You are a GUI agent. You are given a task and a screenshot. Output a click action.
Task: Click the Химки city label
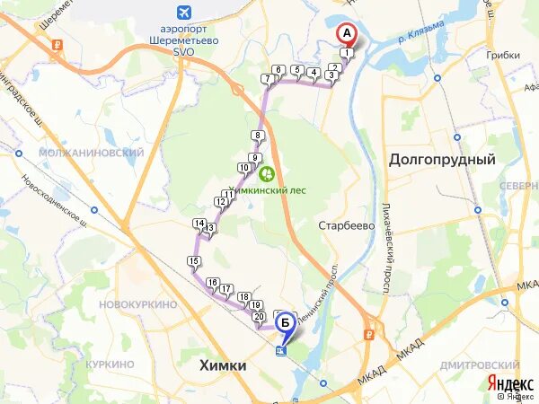[220, 366]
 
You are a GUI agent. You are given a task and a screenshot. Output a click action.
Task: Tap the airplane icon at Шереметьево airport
[185, 12]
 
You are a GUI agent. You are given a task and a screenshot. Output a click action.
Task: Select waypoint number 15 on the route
[193, 261]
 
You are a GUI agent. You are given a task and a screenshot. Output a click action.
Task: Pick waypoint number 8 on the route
[258, 136]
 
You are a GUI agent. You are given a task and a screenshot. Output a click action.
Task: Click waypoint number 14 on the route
[199, 224]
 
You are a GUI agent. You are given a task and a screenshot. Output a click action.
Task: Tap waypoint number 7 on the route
[267, 79]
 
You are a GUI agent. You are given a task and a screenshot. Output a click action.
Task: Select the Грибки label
[504, 55]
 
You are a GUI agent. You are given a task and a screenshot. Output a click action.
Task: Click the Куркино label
[110, 364]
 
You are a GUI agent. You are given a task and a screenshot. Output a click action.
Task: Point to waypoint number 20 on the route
[259, 316]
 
